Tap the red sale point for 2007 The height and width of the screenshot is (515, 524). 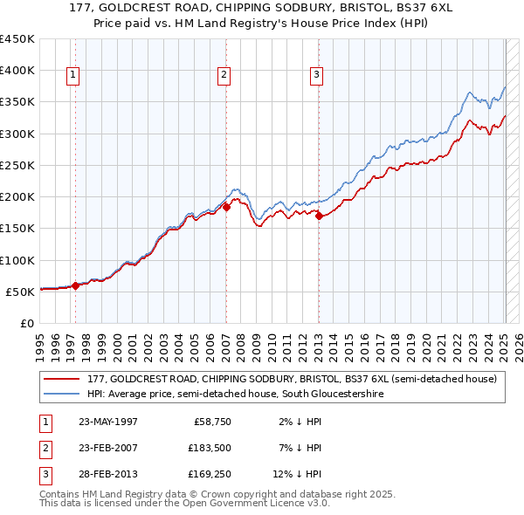[x=225, y=207]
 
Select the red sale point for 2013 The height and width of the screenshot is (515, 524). [x=319, y=216]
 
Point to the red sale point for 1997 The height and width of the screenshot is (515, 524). [x=75, y=285]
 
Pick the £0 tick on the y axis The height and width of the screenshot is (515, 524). [x=28, y=323]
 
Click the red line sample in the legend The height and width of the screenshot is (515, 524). [x=63, y=379]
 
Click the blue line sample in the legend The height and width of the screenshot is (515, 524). [x=63, y=395]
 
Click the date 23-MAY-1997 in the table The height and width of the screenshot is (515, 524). [x=108, y=422]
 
